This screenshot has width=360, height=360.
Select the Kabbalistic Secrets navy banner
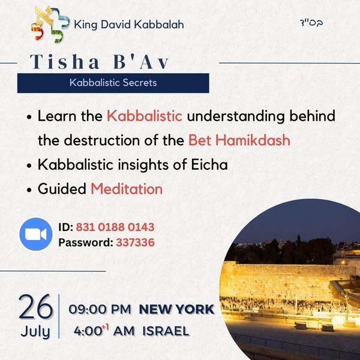click(113, 83)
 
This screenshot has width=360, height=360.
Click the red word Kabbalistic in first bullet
click(144, 116)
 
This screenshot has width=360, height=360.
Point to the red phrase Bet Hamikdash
click(239, 140)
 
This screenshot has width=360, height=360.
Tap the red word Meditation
click(127, 189)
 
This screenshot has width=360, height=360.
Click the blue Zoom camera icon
click(36, 235)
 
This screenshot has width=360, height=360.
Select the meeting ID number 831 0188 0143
click(115, 227)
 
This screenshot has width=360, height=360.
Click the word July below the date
click(35, 331)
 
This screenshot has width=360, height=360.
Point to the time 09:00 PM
click(100, 310)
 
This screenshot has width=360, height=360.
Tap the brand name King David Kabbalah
click(128, 25)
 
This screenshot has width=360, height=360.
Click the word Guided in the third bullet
click(62, 189)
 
